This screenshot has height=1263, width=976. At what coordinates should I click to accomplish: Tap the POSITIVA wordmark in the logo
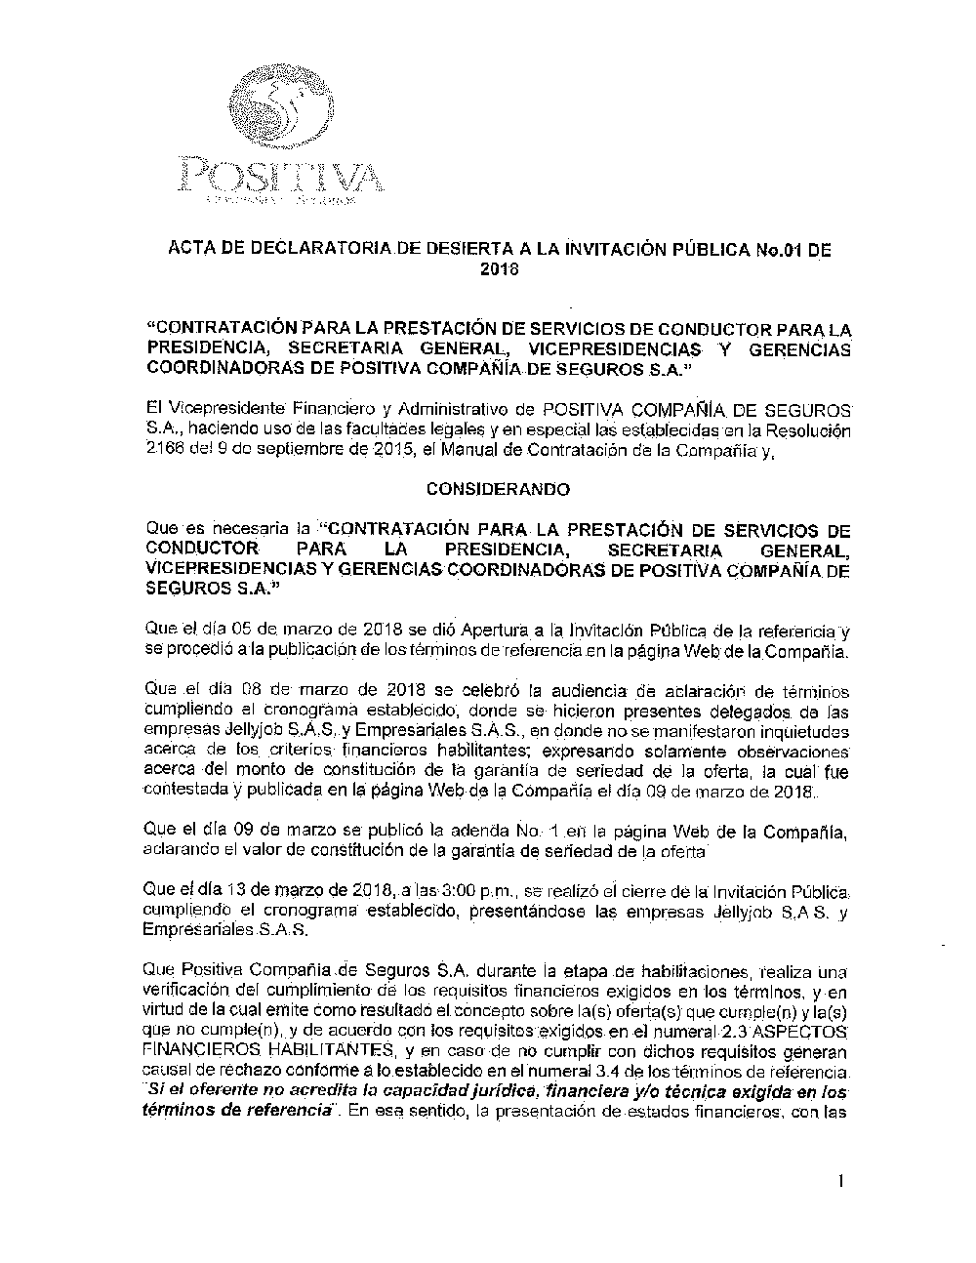click(x=279, y=176)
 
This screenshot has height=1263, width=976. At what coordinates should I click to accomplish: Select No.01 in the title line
click(x=766, y=249)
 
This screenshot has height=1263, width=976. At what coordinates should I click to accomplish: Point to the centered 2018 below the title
click(x=497, y=268)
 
